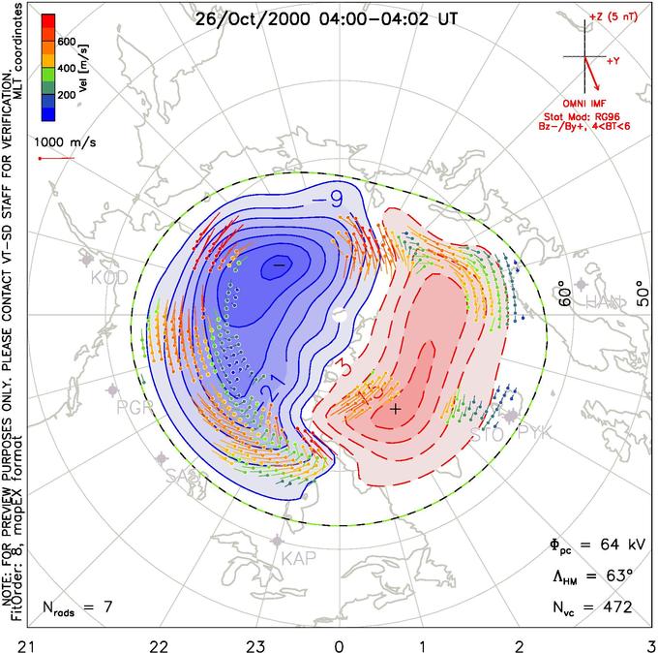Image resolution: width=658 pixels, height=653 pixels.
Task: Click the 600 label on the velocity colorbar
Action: click(x=65, y=42)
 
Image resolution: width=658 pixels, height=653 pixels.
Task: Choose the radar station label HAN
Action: click(x=606, y=302)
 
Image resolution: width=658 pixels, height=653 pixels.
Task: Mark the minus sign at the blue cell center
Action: click(x=279, y=264)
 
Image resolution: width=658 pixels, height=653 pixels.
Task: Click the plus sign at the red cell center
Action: click(x=395, y=410)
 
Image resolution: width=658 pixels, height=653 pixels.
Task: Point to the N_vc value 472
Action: click(x=615, y=607)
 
